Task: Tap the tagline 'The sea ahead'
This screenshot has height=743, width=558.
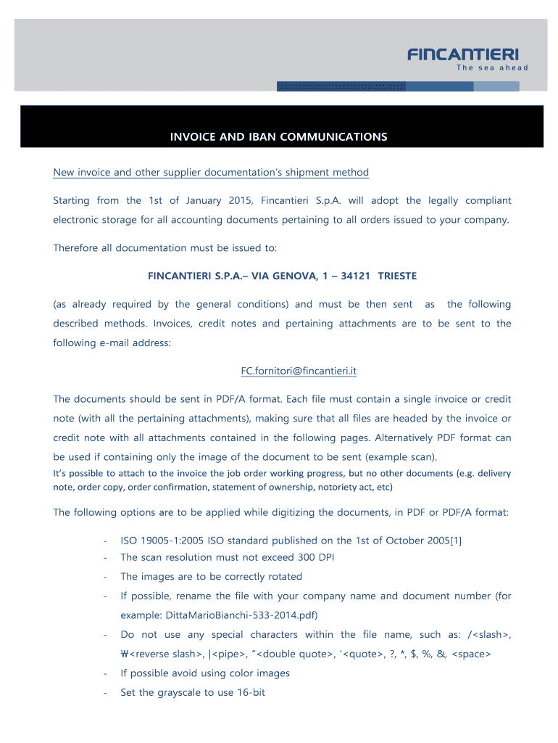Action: point(492,68)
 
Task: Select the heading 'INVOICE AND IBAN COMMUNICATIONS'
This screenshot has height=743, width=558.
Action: point(278,136)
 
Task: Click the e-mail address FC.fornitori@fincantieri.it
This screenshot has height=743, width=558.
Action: point(299,371)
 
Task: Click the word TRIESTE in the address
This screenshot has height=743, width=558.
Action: point(397,276)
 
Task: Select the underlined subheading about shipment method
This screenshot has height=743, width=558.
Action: point(211,172)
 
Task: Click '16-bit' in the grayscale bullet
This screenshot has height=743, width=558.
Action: point(251,692)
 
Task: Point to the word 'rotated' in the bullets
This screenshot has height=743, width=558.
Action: point(283,576)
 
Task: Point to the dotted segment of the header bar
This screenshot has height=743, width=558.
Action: point(341,86)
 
